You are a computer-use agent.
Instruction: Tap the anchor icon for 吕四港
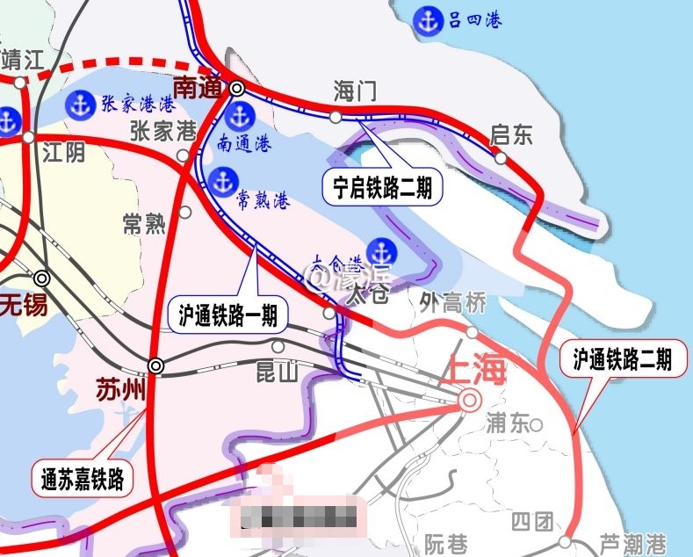click(429, 18)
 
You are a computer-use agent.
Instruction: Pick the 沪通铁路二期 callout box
click(622, 358)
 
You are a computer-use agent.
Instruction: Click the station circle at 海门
click(336, 116)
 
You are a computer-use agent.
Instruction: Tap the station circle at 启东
click(501, 158)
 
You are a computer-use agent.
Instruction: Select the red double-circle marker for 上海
click(469, 401)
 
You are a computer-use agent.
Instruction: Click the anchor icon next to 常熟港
click(222, 182)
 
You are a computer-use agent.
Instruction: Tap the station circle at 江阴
click(29, 137)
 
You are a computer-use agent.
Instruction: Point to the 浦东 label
click(509, 423)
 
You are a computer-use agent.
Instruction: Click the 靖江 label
click(24, 61)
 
